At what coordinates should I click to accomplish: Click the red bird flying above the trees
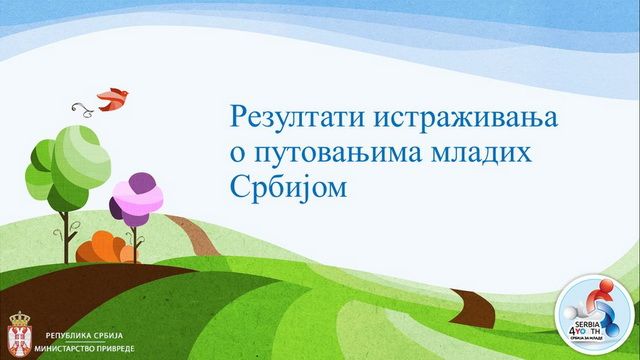(x=113, y=97)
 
